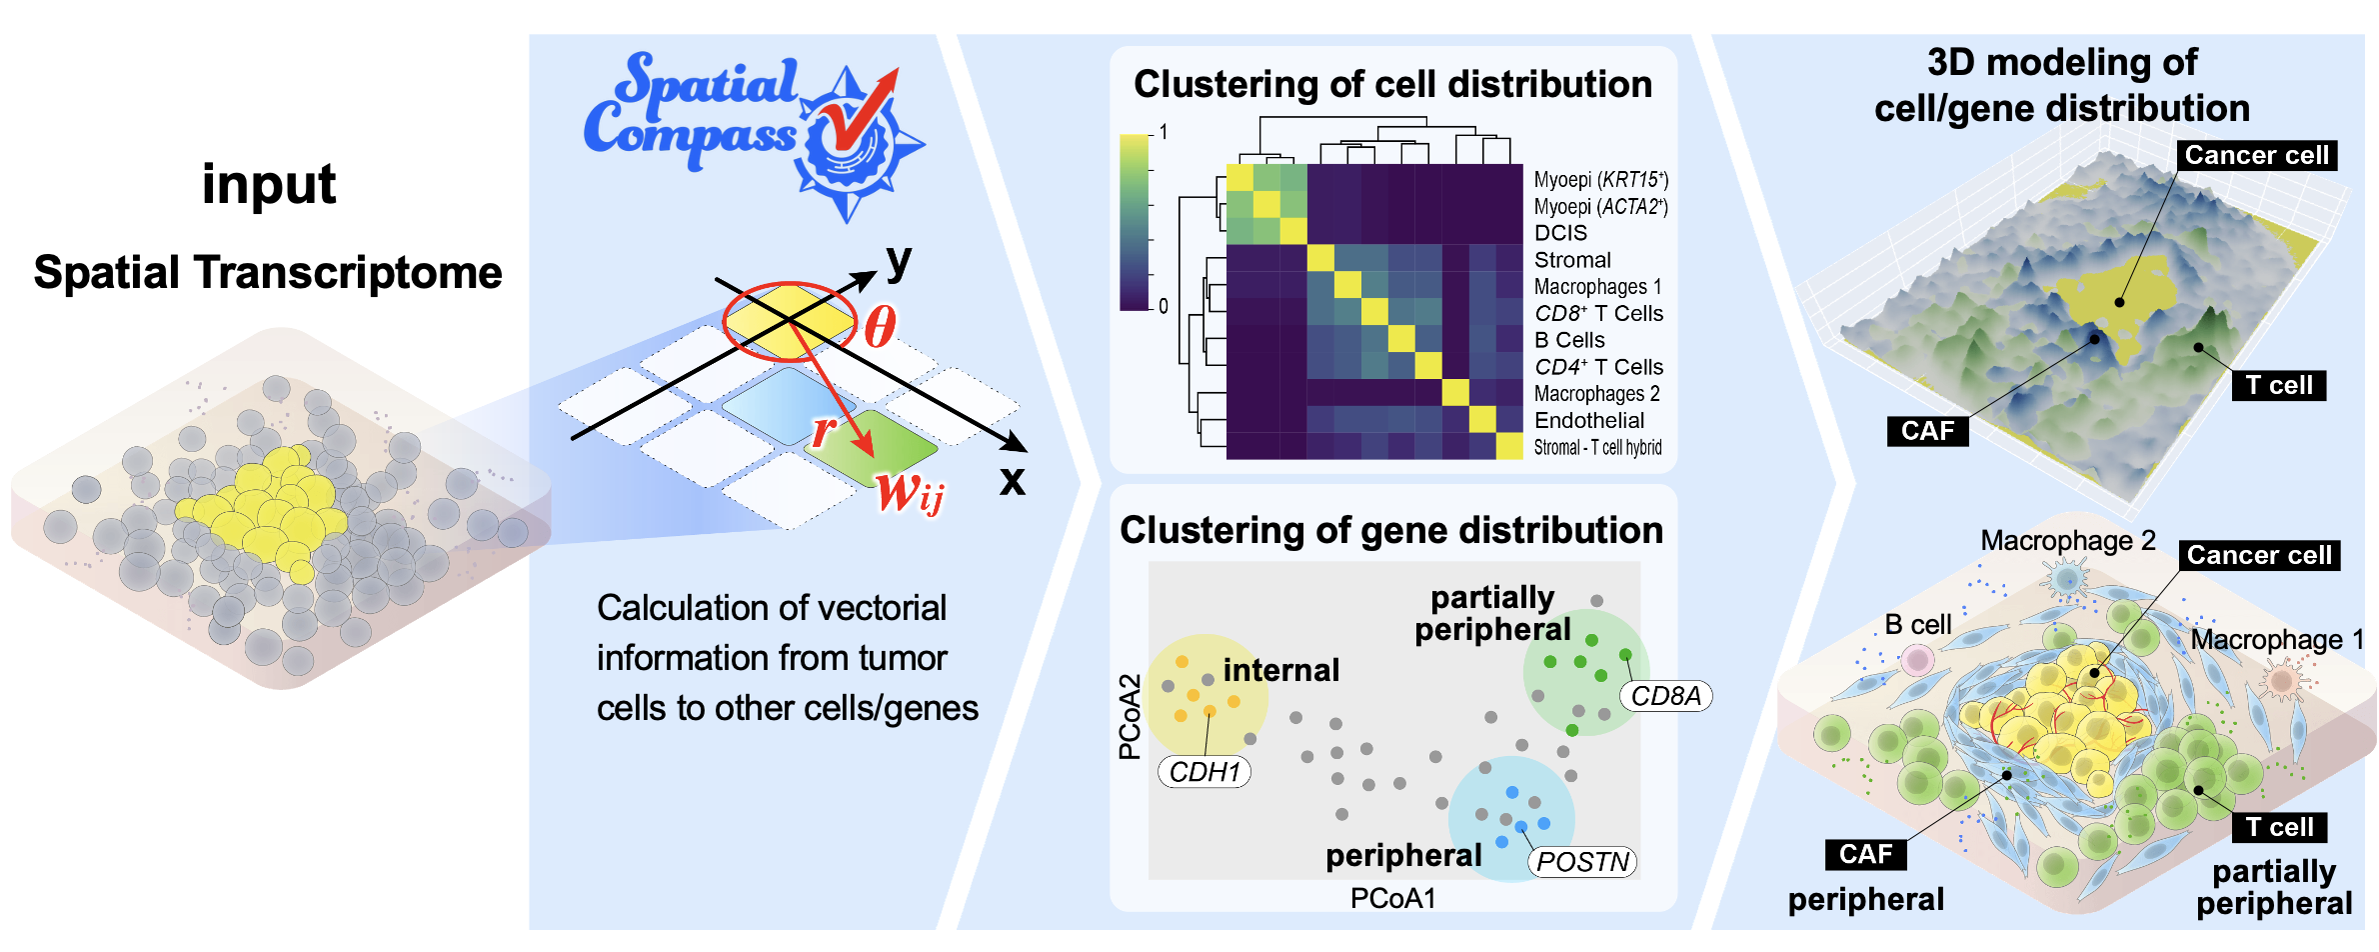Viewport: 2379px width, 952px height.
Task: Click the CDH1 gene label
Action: click(x=1204, y=772)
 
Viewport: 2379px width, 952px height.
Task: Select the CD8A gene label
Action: click(x=1665, y=696)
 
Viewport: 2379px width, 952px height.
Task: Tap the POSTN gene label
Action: click(x=1582, y=862)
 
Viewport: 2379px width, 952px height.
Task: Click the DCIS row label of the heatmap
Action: click(x=1560, y=233)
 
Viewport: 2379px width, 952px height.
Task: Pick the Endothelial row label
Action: click(x=1589, y=421)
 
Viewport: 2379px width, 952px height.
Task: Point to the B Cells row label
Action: click(x=1569, y=341)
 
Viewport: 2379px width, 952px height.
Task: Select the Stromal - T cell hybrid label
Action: click(x=1597, y=448)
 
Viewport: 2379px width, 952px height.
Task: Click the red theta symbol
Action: click(x=880, y=326)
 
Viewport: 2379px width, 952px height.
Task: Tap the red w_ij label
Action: click(x=910, y=493)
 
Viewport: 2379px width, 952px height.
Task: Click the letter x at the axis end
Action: click(x=1013, y=481)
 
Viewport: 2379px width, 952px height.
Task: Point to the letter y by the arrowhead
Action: click(x=900, y=262)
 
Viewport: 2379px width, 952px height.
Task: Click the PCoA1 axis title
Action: click(x=1392, y=899)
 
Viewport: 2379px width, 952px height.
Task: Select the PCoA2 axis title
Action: click(x=1130, y=717)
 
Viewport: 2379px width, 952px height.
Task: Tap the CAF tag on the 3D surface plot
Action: click(x=1927, y=431)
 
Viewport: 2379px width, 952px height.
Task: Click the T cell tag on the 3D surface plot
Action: click(x=2279, y=386)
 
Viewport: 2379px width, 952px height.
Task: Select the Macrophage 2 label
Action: click(x=2068, y=541)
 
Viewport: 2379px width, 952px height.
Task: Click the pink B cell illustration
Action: click(x=1917, y=660)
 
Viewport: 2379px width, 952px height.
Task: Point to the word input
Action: click(x=269, y=186)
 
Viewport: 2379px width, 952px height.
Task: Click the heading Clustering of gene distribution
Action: click(x=1391, y=530)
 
